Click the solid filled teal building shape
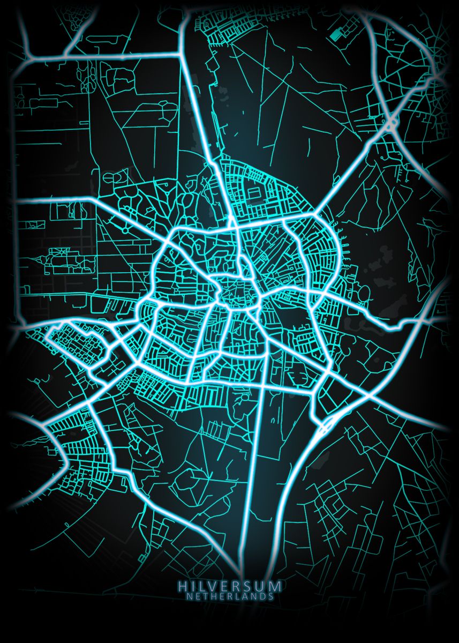click(x=337, y=34)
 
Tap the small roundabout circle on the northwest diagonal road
click(x=125, y=230)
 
